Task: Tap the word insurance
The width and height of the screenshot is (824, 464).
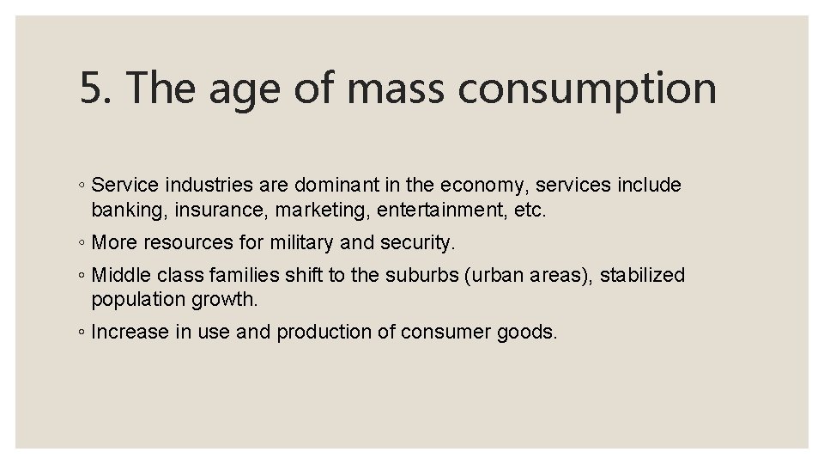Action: pyautogui.click(x=212, y=210)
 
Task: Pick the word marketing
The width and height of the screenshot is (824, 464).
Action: pyautogui.click(x=315, y=210)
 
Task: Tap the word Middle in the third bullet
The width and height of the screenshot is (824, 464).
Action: pyautogui.click(x=118, y=276)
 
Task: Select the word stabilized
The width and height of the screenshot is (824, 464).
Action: pyautogui.click(x=642, y=276)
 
